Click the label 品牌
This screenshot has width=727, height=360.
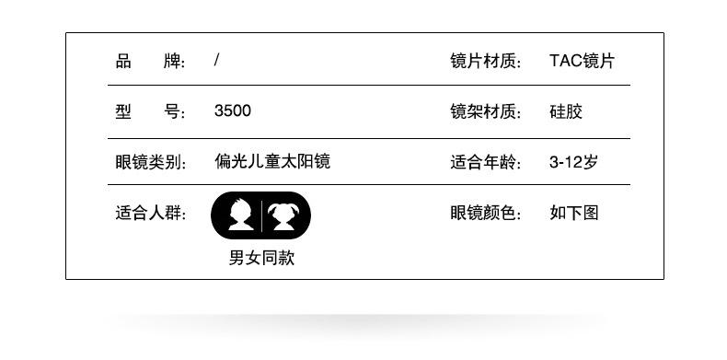click(150, 62)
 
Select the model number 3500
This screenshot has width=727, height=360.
click(232, 110)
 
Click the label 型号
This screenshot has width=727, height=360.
click(150, 111)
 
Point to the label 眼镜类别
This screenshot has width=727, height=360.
click(150, 162)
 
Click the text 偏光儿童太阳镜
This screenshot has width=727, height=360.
click(272, 161)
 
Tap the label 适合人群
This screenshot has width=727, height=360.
click(150, 214)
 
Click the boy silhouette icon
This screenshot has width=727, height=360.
click(240, 215)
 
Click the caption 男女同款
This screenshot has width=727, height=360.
click(261, 258)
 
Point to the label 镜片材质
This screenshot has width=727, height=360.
click(486, 62)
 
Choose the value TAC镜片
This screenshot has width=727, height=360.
click(582, 62)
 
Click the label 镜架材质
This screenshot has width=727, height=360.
click(486, 111)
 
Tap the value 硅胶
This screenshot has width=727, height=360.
click(566, 111)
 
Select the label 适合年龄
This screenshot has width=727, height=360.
click(486, 162)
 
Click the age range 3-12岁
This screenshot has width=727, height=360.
click(573, 162)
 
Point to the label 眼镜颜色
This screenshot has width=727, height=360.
click(486, 214)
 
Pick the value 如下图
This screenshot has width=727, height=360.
click(574, 214)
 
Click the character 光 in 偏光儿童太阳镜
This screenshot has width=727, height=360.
click(238, 161)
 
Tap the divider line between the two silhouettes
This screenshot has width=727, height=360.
click(262, 216)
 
